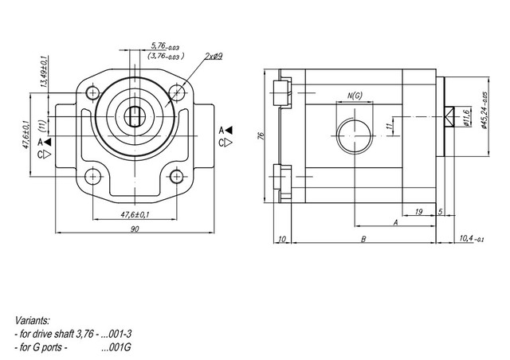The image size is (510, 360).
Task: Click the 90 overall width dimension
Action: click(135, 229)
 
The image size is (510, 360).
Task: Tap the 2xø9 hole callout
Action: click(214, 57)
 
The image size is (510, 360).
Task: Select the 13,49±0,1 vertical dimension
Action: click(45, 71)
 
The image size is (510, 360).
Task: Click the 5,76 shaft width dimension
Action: click(165, 46)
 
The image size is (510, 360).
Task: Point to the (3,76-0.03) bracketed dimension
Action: click(166, 57)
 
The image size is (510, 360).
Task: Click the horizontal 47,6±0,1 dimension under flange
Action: click(135, 214)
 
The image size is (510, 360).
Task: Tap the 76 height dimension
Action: click(261, 136)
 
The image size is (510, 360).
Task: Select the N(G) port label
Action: click(355, 96)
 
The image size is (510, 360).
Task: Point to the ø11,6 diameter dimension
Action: click(466, 117)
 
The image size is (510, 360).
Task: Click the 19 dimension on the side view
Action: click(419, 212)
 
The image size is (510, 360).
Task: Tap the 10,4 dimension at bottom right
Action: click(472, 239)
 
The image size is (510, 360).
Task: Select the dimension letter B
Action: click(363, 240)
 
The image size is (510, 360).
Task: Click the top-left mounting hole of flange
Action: click(93, 92)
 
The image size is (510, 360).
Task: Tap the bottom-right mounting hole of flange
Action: click(177, 177)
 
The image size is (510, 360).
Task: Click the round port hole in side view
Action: click(354, 136)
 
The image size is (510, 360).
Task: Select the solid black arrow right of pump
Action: click(229, 131)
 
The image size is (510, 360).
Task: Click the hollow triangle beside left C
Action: click(48, 155)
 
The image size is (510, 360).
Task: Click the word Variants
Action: click(33, 321)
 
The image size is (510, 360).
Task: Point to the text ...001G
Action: click(116, 347)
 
